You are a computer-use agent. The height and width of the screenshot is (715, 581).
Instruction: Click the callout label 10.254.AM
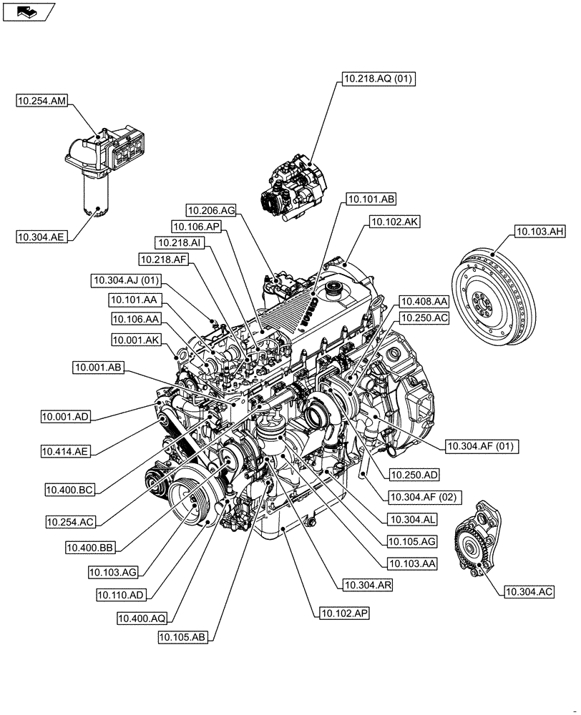click(x=41, y=102)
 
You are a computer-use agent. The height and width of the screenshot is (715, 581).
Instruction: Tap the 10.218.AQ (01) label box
click(x=377, y=79)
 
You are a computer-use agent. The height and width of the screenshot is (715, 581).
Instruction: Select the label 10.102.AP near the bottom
click(x=345, y=613)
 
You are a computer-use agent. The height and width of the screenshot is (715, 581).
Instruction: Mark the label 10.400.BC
click(x=70, y=489)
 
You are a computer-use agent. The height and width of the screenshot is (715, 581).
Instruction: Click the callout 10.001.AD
click(x=66, y=415)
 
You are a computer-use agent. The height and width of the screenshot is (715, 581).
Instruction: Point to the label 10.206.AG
click(x=211, y=210)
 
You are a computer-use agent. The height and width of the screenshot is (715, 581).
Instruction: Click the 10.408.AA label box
click(x=424, y=302)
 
